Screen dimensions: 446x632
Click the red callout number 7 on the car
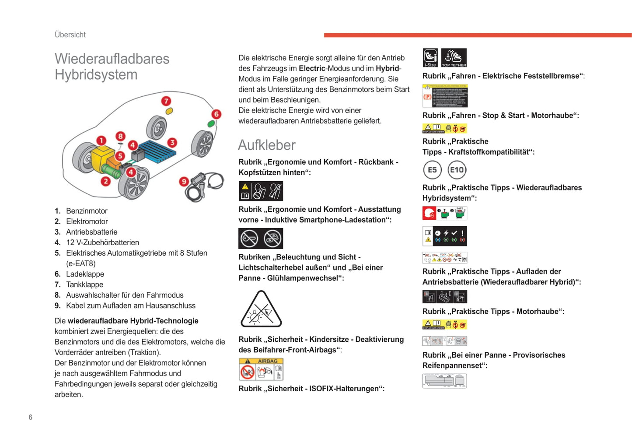coord(166,101)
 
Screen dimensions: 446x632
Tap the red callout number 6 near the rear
coord(216,114)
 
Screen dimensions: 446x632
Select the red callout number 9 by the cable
coord(184,181)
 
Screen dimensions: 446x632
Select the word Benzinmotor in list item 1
coord(87,211)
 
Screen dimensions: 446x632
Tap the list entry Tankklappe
coord(84,284)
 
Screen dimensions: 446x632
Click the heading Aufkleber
coord(267,145)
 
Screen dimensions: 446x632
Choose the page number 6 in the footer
coord(31,417)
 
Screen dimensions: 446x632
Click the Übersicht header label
coord(70,35)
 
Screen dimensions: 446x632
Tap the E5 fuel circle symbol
coord(432,170)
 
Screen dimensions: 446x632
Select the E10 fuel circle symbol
coord(457,170)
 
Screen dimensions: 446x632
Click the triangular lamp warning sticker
coord(261,309)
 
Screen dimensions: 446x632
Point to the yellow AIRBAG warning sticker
coord(261,369)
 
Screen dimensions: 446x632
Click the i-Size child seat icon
coord(430,58)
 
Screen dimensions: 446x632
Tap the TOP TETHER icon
coord(454,58)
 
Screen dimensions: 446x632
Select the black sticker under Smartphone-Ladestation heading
coord(261,239)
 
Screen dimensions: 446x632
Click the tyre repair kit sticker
coord(444,381)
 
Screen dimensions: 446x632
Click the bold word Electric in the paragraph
coord(312,68)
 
